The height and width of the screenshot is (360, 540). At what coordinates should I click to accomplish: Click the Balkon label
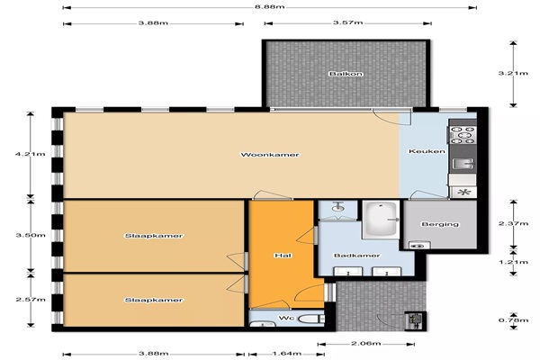coord(346,74)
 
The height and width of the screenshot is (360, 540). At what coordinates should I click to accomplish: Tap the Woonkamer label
coord(270,155)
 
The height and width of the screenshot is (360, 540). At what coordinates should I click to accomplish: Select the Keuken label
coord(427,151)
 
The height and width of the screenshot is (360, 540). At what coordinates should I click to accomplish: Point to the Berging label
coord(440,224)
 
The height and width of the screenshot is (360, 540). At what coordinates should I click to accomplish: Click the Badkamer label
coord(356,256)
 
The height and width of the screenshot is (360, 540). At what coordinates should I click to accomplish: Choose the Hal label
coord(283,256)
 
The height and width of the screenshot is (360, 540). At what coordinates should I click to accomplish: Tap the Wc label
coord(286,318)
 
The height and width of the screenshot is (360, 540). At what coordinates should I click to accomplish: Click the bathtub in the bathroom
coord(382,219)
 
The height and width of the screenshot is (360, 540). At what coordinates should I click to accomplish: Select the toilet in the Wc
coord(311,319)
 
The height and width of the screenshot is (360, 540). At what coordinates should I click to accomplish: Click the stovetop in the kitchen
coord(462,135)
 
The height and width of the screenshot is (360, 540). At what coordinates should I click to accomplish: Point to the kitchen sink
coord(463,164)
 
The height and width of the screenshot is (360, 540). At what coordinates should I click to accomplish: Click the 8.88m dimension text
coord(270,6)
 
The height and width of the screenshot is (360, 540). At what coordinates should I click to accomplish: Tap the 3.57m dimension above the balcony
coord(347,22)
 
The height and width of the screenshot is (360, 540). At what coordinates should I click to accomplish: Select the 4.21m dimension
coord(31,154)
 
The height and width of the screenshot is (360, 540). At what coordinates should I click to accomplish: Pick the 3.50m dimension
coord(31,236)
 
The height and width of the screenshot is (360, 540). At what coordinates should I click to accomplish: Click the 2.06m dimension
coord(365,344)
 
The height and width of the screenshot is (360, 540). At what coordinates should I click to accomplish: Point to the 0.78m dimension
coord(514,320)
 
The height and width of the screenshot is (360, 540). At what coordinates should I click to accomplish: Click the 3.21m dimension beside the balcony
coord(513,73)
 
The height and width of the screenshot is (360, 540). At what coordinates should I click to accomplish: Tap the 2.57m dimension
coord(31,300)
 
